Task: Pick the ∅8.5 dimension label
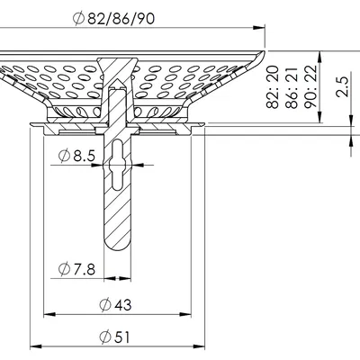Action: coord(77,157)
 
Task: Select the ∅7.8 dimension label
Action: coord(76,267)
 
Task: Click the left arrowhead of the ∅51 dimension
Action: coord(36,346)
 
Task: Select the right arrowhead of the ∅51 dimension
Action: coord(202,346)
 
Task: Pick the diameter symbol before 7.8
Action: coord(64,267)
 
